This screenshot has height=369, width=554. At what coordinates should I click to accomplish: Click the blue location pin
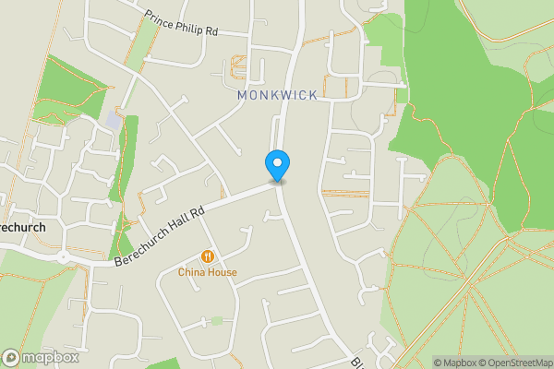pos(277,164)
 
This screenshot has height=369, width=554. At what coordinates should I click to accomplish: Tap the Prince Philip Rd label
pos(180,22)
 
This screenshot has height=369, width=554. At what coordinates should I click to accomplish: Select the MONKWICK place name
pos(277,95)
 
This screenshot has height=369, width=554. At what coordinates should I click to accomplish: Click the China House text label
pos(208,272)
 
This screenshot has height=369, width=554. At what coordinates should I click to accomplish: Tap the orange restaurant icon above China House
pos(208,256)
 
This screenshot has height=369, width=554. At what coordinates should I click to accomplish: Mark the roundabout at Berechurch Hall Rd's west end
pos(63,257)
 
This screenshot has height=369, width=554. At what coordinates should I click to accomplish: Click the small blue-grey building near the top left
pos(113,121)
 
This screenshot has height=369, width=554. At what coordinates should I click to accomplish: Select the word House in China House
pos(222,272)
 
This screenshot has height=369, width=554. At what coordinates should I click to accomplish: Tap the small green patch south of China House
pos(216,320)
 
